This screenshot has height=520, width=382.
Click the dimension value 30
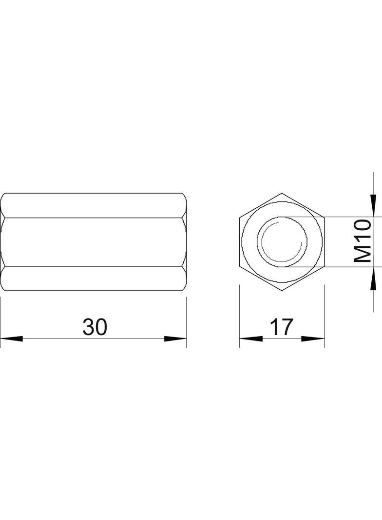pos(95,327)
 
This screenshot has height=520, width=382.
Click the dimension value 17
pos(282,327)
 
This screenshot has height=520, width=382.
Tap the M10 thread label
pos(363,241)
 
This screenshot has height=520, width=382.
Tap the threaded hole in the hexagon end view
pos(283,241)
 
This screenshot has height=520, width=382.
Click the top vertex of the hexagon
pos(282,193)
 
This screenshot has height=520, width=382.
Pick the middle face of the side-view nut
pos(94,241)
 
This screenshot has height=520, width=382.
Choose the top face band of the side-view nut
pos(94,205)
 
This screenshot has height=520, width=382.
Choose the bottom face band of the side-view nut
pos(94,279)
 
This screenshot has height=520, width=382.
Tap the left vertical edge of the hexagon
pos(240,241)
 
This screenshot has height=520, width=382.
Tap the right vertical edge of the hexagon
pos(325,241)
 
